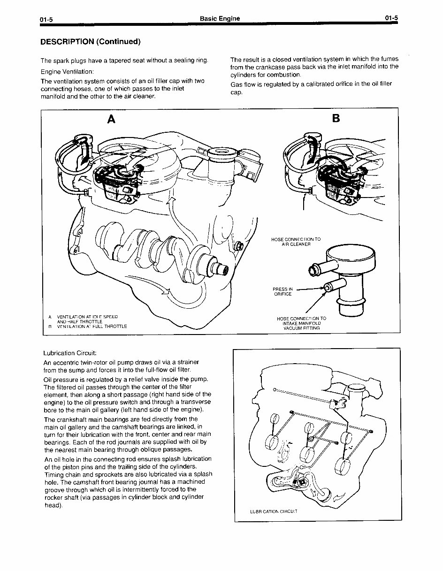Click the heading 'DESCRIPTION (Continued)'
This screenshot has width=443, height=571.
90,42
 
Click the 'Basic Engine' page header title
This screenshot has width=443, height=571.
220,18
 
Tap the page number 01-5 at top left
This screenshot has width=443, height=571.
46,19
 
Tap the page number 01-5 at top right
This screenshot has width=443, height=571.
391,18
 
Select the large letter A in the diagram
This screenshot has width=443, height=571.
111,120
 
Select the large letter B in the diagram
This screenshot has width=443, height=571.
336,119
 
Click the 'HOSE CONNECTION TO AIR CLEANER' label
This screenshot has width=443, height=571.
296,242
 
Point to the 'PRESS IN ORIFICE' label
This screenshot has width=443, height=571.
283,291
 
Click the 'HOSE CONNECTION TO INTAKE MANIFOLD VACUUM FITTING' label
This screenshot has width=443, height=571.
301,323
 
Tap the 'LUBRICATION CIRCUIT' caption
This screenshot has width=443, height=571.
274,511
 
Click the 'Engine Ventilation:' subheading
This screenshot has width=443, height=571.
67,72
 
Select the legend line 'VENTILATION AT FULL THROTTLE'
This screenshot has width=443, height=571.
92,326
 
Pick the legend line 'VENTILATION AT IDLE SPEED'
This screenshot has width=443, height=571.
87,317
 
